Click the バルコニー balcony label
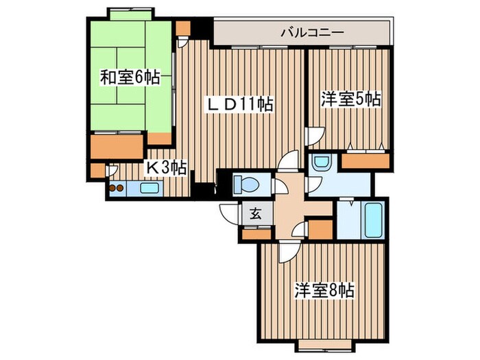tap(311, 32)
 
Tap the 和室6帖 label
tap(130, 77)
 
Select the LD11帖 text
tap(241, 104)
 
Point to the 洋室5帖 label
tap(350, 99)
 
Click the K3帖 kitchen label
tap(165, 166)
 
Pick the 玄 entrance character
tap(255, 214)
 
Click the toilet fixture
tap(245, 184)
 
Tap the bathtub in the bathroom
tap(373, 219)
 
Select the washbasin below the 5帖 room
tap(320, 163)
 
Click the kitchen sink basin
tap(150, 187)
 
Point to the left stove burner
tap(112, 187)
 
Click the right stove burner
tap(120, 187)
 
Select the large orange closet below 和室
tap(117, 146)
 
